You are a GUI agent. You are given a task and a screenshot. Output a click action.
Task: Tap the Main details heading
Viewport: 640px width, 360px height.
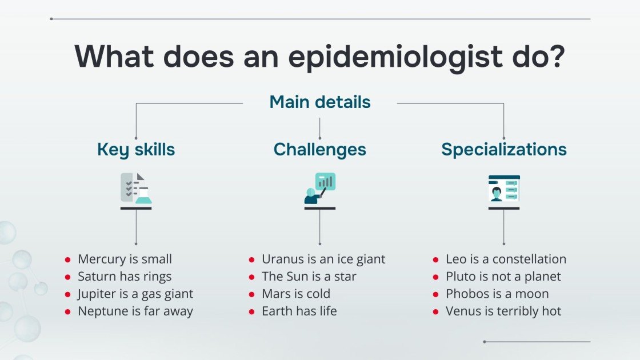(320, 102)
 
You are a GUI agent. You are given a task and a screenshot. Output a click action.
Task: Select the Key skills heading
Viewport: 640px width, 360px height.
(136, 149)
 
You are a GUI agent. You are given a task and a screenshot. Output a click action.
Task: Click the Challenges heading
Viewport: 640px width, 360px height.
(320, 149)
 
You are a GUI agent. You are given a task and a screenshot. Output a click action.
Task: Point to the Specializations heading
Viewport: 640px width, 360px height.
(504, 149)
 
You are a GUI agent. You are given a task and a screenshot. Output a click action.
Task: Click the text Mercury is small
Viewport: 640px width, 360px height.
(125, 259)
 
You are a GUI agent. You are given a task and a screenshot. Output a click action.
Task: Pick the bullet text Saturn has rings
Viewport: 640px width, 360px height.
(125, 277)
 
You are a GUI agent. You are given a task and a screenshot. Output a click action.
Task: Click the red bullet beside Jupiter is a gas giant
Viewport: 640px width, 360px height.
(68, 294)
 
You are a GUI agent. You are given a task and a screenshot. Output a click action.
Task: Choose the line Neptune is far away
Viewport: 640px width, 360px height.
(135, 311)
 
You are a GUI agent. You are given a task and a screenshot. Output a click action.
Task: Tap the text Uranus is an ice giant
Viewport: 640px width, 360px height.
(323, 259)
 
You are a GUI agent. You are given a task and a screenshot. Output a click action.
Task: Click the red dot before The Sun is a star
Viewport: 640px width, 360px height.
(252, 277)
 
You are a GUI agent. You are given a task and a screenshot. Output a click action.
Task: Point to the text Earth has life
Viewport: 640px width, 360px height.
(299, 311)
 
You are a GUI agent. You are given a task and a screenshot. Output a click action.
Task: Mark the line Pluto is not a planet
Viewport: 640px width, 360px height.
(503, 277)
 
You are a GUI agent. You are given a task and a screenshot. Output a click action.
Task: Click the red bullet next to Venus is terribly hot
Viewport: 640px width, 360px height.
(436, 312)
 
